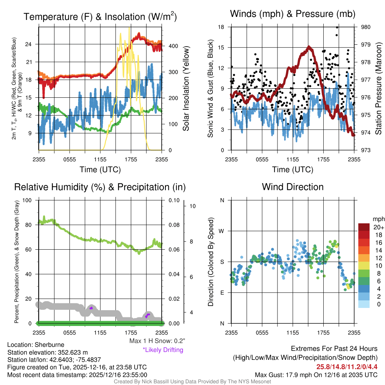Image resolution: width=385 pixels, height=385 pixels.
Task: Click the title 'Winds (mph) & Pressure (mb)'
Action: click(293, 14)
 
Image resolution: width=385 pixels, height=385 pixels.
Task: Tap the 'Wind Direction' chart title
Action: click(293, 187)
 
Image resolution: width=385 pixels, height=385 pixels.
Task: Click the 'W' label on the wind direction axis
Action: click(222, 231)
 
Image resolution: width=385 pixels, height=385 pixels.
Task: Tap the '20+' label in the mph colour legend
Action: click(379, 227)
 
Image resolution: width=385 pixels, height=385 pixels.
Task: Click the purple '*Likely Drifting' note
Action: click(163, 350)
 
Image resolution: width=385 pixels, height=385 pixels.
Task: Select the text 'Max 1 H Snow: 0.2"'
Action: click(157, 341)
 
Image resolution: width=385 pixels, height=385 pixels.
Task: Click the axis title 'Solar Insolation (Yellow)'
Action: click(186, 89)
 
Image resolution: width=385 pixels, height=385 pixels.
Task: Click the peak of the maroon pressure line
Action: click(309, 47)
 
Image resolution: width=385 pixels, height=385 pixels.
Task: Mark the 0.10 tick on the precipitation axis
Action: click(174, 200)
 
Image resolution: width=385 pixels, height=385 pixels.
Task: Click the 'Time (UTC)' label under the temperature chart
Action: click(100, 170)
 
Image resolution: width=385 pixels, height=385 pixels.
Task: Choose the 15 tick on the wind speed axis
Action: click(221, 47)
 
